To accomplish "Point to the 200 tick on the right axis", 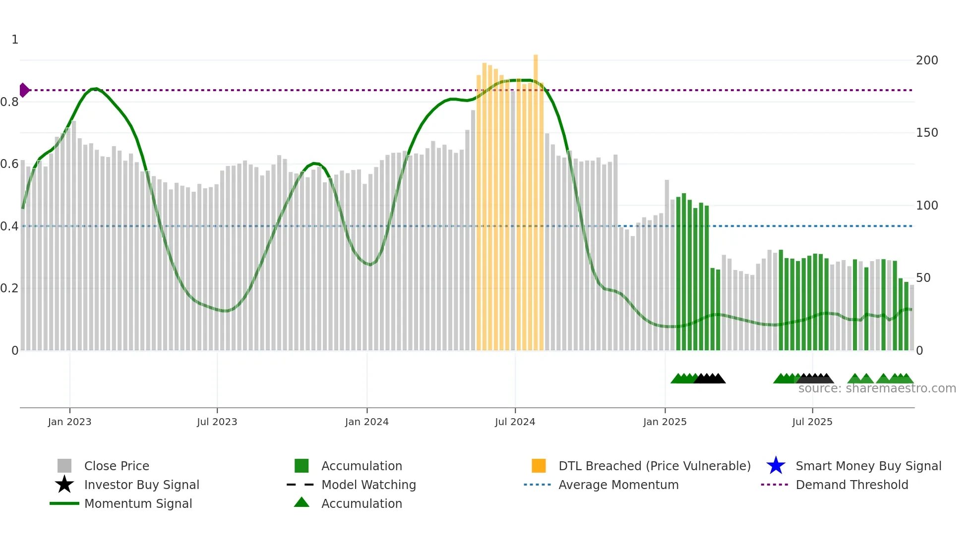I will (x=926, y=60).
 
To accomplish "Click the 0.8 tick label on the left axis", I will (x=10, y=102).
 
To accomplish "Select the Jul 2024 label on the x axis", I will (x=515, y=422).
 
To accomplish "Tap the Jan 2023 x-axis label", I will (x=69, y=422).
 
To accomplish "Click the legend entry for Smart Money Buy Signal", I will (x=868, y=466).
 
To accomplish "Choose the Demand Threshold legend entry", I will (x=851, y=485).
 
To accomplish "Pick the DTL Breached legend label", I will (x=654, y=466).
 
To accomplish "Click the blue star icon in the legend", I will (x=776, y=466).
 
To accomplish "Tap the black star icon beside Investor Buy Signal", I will (x=64, y=485).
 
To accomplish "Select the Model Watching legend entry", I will (x=368, y=485).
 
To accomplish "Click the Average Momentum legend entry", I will (x=618, y=485).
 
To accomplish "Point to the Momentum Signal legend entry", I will (x=138, y=503).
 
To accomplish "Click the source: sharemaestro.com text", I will (x=877, y=388).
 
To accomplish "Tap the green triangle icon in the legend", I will (x=302, y=502).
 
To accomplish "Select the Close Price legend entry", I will (x=116, y=466).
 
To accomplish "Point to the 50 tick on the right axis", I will (x=923, y=278).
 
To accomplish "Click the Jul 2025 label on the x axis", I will (x=812, y=422).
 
